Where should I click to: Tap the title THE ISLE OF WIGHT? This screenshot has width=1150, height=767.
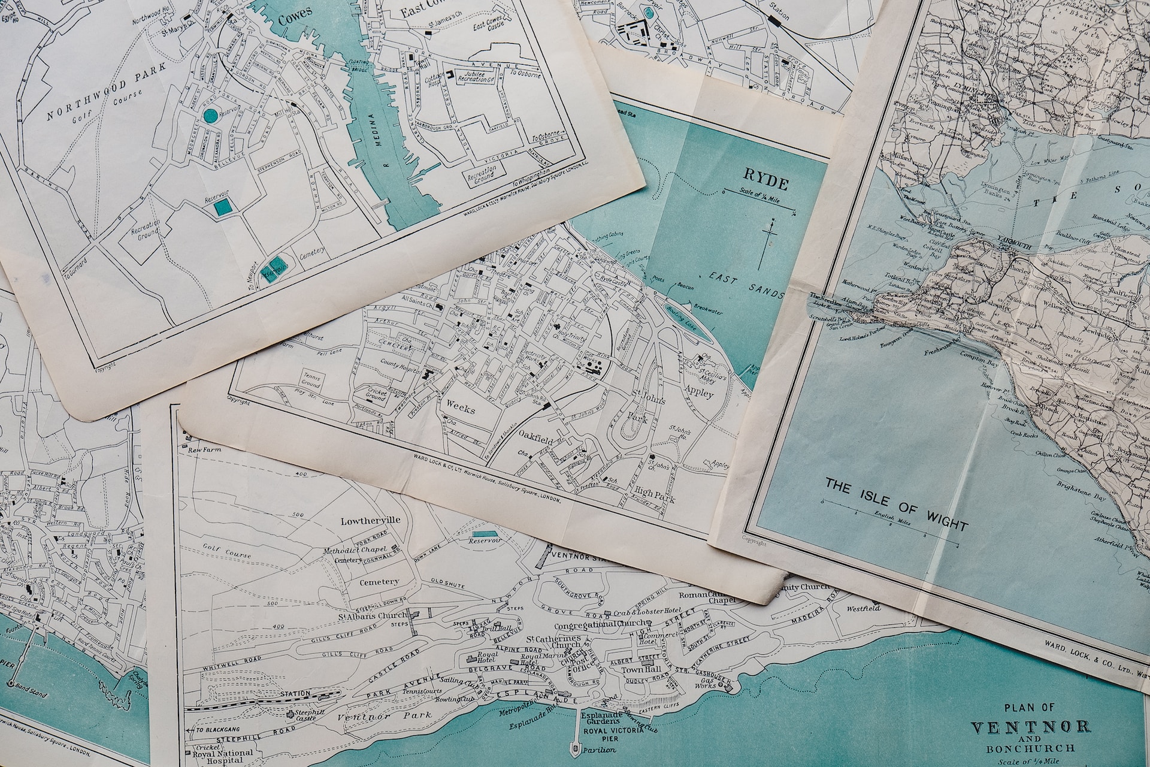pos(896,503)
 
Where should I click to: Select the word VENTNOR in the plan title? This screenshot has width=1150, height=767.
pos(1030,728)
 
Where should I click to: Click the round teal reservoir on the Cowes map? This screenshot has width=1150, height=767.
pos(210,116)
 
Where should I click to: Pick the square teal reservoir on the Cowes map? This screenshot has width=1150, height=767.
pos(223,207)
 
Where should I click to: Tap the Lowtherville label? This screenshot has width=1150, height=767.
pos(370,520)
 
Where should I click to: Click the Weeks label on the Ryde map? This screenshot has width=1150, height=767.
pos(461,410)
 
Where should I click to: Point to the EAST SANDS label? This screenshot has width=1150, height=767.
pos(746,285)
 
